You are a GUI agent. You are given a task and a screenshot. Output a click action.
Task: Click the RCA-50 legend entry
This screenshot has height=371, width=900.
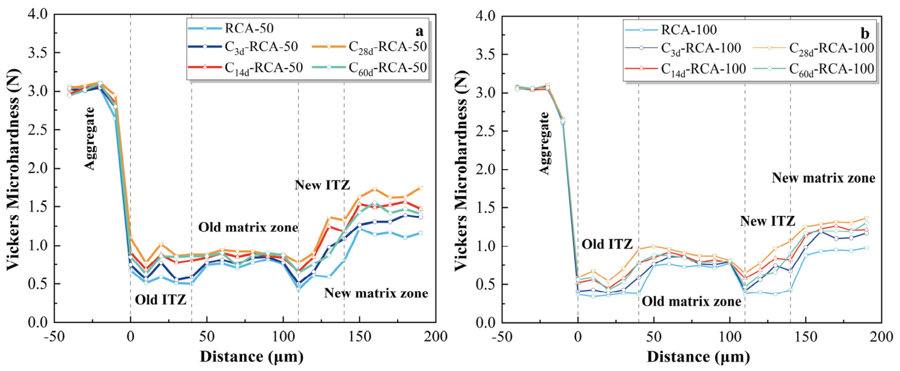[x=231, y=28]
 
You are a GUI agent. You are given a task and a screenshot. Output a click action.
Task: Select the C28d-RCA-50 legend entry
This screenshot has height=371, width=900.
[x=369, y=48]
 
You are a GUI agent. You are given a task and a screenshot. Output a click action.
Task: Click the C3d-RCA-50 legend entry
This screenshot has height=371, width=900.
[x=243, y=48]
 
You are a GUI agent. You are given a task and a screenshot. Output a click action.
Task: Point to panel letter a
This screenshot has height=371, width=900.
[x=419, y=31]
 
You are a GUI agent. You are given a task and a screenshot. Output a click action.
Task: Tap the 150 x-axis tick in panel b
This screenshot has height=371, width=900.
[x=806, y=337]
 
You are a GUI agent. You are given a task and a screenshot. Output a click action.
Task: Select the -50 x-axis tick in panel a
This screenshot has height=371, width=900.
[x=54, y=337]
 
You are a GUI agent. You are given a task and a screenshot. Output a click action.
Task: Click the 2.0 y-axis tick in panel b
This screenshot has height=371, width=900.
[x=485, y=170]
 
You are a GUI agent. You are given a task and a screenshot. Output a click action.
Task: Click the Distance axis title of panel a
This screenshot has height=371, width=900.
[x=252, y=357]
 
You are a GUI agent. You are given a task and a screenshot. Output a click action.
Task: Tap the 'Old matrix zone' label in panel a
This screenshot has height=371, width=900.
[x=248, y=227]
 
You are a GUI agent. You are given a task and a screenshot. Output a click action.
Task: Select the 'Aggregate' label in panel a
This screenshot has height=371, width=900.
[x=91, y=139]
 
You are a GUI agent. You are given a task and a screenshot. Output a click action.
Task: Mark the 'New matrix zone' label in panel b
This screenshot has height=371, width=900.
[x=824, y=178]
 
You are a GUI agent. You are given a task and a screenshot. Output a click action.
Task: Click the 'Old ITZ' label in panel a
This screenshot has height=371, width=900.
[x=161, y=300]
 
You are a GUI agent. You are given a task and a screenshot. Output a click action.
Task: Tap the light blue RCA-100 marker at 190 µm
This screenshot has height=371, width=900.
[x=866, y=248]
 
